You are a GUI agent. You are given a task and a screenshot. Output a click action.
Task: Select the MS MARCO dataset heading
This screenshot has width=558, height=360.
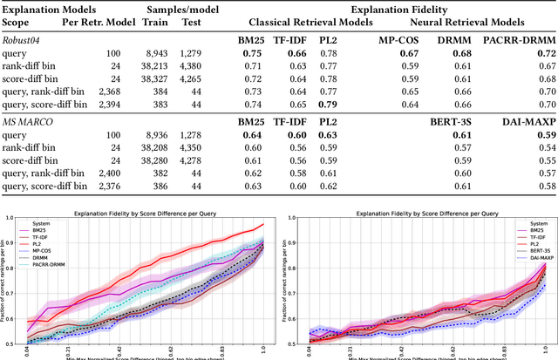[x=28, y=122]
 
